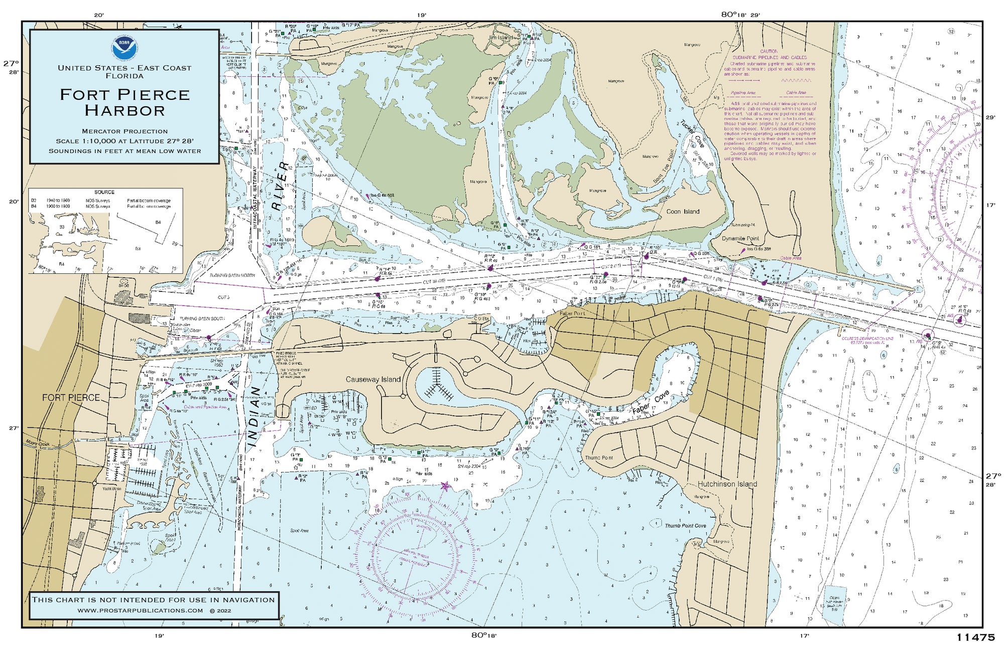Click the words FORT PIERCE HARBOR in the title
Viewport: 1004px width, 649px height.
tap(124, 102)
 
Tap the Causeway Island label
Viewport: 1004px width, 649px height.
tap(373, 380)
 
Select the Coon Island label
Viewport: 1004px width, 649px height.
tap(683, 212)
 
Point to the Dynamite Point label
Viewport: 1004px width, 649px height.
tap(740, 239)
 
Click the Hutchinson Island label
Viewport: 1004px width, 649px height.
tap(727, 484)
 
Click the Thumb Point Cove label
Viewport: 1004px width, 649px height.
tap(685, 526)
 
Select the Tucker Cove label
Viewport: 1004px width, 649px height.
tap(692, 133)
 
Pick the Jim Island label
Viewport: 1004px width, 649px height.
tap(500, 38)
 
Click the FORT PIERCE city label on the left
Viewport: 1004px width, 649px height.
tap(71, 398)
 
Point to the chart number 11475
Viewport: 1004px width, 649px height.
tap(975, 637)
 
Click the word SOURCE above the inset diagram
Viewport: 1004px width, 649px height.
tap(104, 192)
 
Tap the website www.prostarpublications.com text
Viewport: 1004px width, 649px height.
tap(141, 610)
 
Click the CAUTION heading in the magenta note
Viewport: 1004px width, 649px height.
tap(769, 51)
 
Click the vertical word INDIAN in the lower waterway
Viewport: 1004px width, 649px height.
tap(256, 417)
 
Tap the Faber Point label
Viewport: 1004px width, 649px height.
tap(572, 313)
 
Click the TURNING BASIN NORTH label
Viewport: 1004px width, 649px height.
tap(232, 275)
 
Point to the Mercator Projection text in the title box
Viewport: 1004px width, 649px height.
tap(124, 131)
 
